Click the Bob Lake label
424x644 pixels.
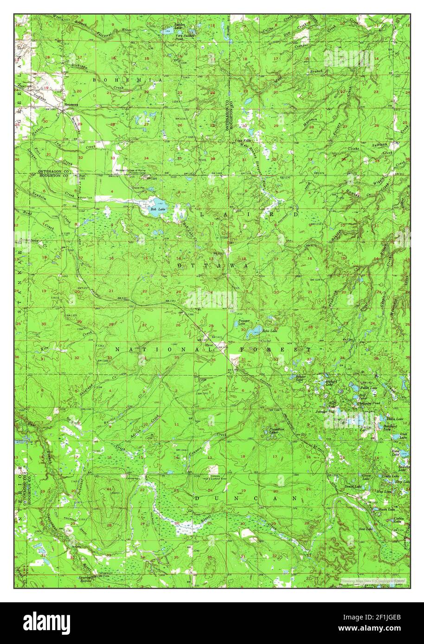[157, 209]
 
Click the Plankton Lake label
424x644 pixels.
[277, 431]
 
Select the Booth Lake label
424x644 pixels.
[386, 510]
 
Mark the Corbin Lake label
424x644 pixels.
[399, 520]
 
